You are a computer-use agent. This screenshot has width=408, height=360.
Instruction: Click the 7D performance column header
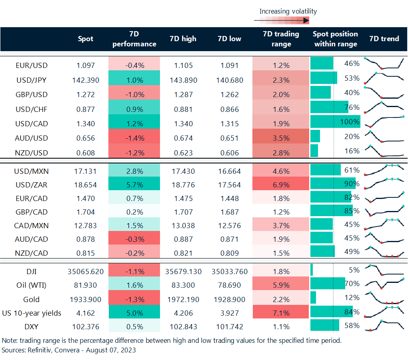[134, 39]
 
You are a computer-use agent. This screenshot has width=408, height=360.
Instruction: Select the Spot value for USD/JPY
[85, 80]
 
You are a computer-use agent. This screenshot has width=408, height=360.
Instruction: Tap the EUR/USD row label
[32, 65]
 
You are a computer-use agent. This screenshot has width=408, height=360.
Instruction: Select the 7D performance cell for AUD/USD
[134, 138]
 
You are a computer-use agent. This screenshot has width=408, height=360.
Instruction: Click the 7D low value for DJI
[229, 272]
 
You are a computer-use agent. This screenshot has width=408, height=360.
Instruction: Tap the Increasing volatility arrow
[282, 20]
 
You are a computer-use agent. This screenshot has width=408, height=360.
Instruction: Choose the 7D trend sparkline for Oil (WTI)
[384, 284]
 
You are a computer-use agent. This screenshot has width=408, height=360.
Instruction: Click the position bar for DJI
[312, 270]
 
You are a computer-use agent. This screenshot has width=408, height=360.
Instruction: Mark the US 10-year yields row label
[32, 313]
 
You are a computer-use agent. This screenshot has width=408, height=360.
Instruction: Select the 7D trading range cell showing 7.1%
[281, 313]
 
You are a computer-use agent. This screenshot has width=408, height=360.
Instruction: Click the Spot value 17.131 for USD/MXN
[85, 171]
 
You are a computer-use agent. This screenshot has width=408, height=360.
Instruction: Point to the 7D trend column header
[384, 39]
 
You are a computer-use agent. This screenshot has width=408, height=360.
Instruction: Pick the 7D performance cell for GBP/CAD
[134, 212]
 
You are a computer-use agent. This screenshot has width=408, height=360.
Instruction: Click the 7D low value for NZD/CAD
[229, 253]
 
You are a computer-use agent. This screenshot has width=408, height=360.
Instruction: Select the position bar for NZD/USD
[314, 151]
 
